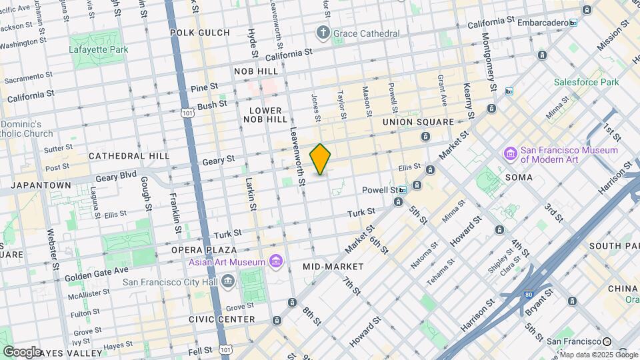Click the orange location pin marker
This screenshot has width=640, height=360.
coord(321,159)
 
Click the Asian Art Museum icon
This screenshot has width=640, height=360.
coord(276,262)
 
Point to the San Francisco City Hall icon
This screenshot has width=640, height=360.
coord(229,282)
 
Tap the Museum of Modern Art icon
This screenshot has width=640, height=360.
coord(511,155)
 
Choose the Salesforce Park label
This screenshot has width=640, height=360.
coord(586,82)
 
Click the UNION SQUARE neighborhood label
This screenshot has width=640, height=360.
coord(418,123)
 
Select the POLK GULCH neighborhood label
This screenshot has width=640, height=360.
coord(200,33)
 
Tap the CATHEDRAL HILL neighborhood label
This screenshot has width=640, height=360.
coord(129,155)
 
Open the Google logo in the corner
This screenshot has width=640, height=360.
coord(22,351)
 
